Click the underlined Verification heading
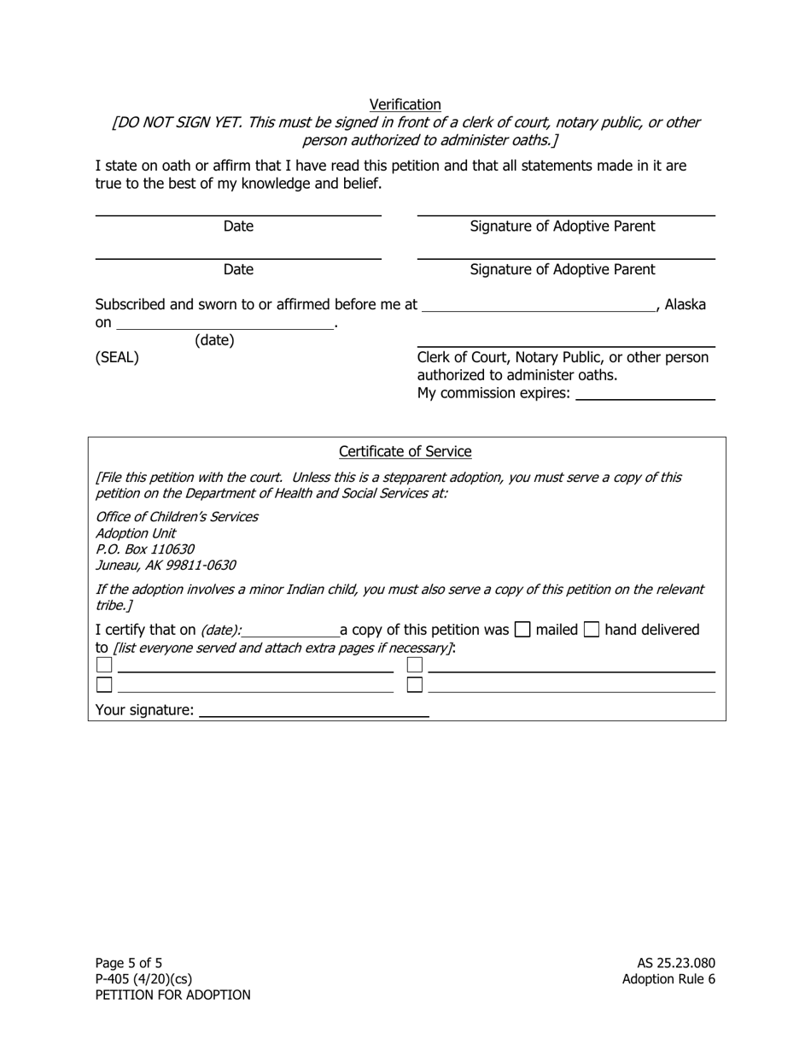coord(405,104)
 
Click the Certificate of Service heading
coord(405,451)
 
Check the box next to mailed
coord(522,631)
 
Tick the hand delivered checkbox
coord(592,631)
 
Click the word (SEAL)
coord(117,358)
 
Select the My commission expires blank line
coord(645,394)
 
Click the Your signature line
coord(313,711)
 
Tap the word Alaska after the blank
coord(685,305)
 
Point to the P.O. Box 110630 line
coord(144,549)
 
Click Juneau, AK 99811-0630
coord(166,566)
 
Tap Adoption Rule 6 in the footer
coord(668,979)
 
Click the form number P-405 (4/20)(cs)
coord(143,979)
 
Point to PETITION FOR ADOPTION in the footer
coord(172,995)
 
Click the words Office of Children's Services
coord(177,517)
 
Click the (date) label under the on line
coord(214,340)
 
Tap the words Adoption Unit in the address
coord(136,533)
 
